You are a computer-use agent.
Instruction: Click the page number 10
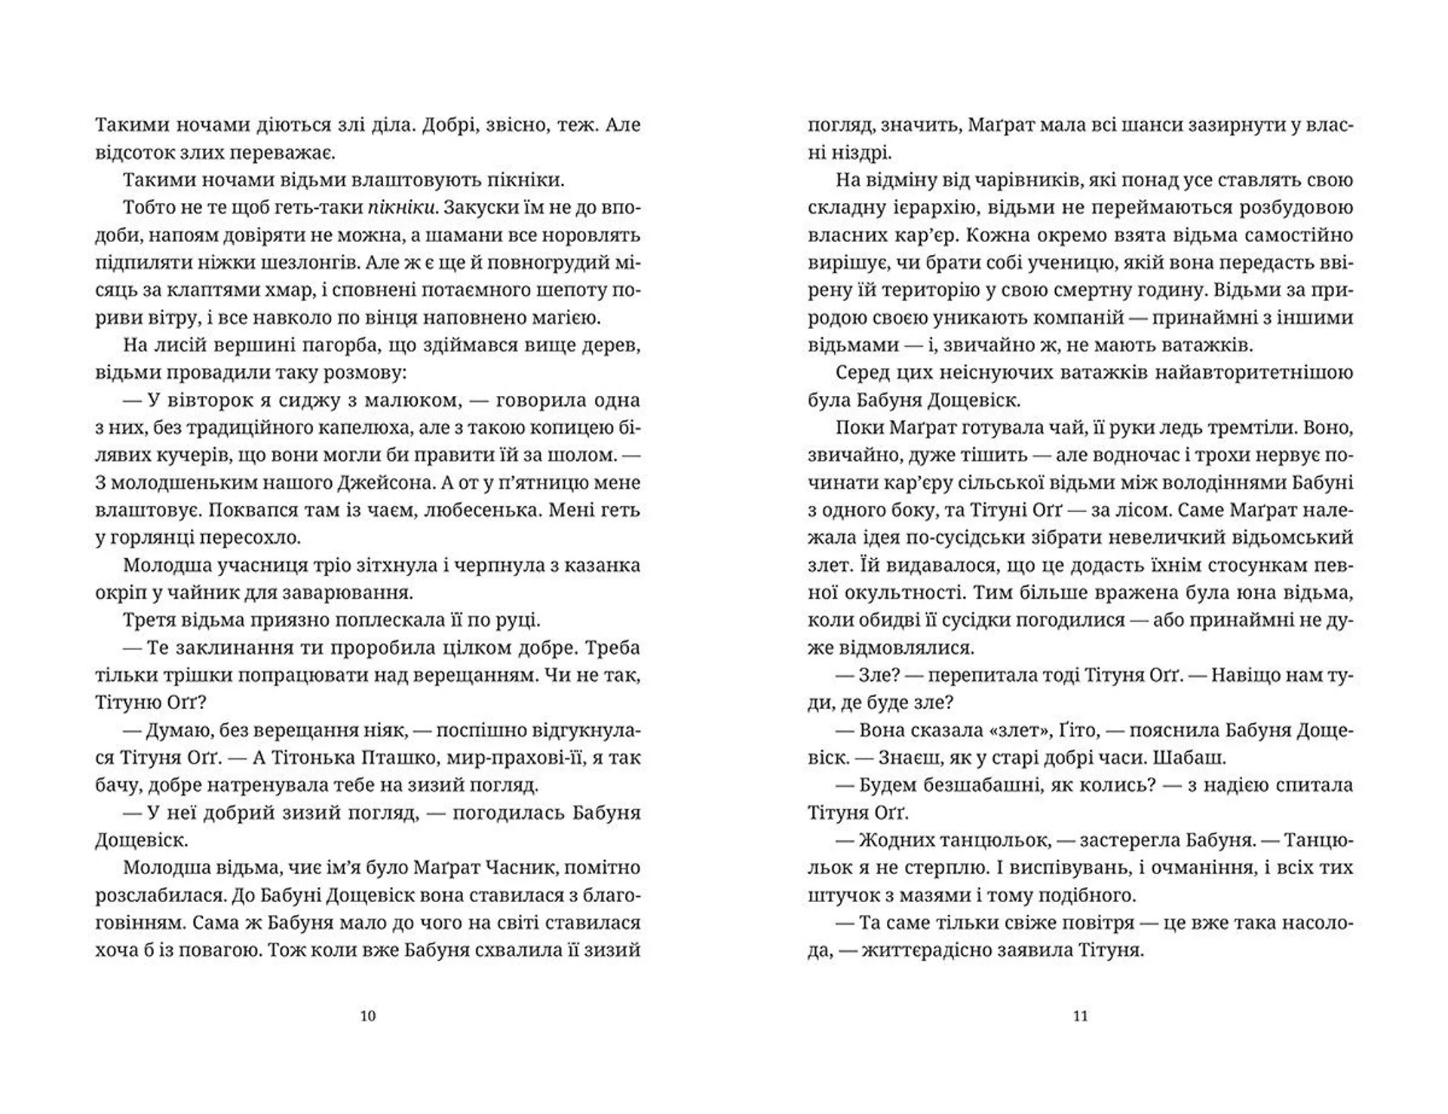coord(368,1016)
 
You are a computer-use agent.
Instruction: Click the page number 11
coord(1080,1016)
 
